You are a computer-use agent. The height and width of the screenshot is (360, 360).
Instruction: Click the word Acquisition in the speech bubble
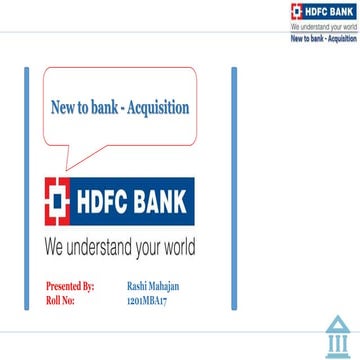pos(156,108)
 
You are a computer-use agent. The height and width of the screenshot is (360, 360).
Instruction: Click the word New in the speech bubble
pos(62,108)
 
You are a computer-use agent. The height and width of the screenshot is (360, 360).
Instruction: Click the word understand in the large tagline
pos(103,246)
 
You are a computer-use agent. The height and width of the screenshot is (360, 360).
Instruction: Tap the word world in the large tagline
pos(177,246)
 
